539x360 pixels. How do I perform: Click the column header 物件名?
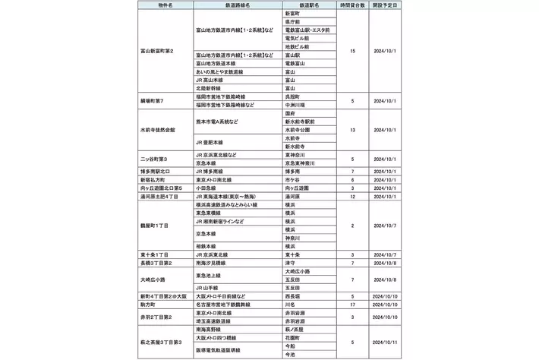pos(165,5)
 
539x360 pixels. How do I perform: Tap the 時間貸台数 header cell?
pos(353,5)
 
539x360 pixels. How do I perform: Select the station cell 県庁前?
pos(294,22)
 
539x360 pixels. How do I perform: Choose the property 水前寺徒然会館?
pos(158,129)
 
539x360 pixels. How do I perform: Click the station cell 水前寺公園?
pos(297,129)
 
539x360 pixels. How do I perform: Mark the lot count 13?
pos(353,129)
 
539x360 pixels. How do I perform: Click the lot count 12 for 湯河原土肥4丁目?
pos(353,195)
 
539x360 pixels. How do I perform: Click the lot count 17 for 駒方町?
pos(353,303)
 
